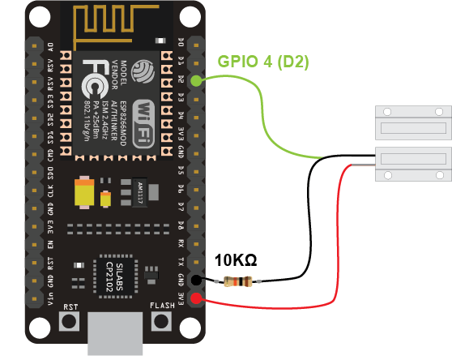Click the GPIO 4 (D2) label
(x=264, y=61)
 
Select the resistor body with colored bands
(x=240, y=282)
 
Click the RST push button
(x=70, y=322)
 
